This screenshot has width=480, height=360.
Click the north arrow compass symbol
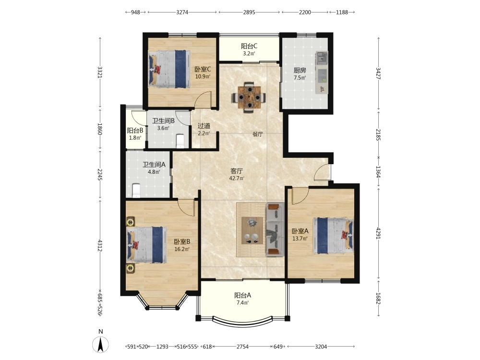click(x=100, y=344)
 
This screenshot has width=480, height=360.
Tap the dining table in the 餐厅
click(x=250, y=97)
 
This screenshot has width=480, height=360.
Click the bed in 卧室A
click(x=333, y=236)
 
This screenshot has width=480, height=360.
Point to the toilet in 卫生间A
click(x=136, y=191)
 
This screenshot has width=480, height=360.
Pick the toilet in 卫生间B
click(x=180, y=141)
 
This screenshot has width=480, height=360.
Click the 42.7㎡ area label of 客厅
click(x=237, y=179)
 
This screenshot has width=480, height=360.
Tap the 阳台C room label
click(x=249, y=46)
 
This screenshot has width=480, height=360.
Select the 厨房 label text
click(x=300, y=71)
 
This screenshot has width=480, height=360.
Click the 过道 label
click(x=204, y=126)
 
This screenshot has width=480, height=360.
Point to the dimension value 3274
click(x=182, y=12)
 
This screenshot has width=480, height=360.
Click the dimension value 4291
click(x=379, y=233)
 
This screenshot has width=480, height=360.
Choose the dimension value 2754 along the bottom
click(x=242, y=347)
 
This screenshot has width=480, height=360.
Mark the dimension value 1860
click(x=99, y=129)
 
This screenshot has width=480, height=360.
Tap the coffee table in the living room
click(x=252, y=230)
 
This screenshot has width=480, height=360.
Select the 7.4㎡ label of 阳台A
click(x=241, y=303)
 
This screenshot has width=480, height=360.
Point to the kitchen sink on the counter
click(x=322, y=58)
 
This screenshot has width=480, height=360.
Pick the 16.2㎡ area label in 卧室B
click(x=182, y=249)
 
